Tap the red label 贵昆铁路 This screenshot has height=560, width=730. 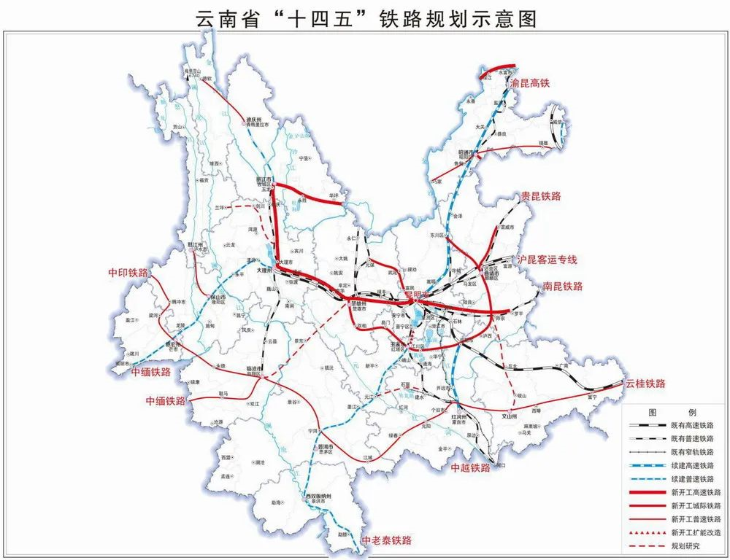pos(540,196)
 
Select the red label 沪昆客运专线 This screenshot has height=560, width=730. pos(547,260)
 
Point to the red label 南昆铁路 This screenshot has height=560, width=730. pos(563,286)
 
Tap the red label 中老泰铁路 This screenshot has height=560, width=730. pos(387,540)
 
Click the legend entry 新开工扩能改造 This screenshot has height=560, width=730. pos(696,533)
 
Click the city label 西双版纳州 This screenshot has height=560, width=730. pos(318,497)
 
